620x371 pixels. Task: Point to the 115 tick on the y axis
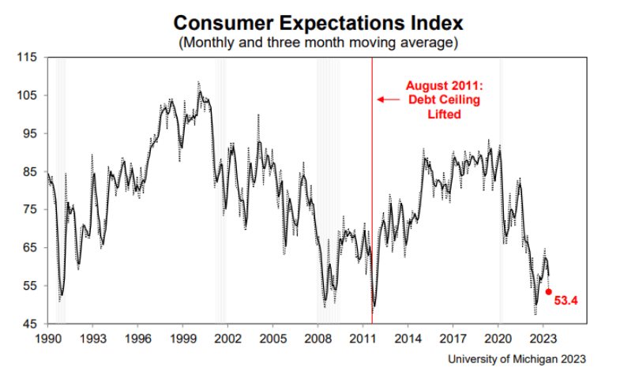click(28, 57)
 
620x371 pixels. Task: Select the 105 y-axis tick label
click(28, 96)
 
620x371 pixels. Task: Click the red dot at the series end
click(549, 291)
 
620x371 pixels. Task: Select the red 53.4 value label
click(567, 301)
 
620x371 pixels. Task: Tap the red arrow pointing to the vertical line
click(387, 99)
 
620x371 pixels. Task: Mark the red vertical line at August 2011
click(372, 197)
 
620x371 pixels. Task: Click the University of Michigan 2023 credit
click(517, 358)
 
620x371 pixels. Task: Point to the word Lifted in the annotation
click(442, 114)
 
